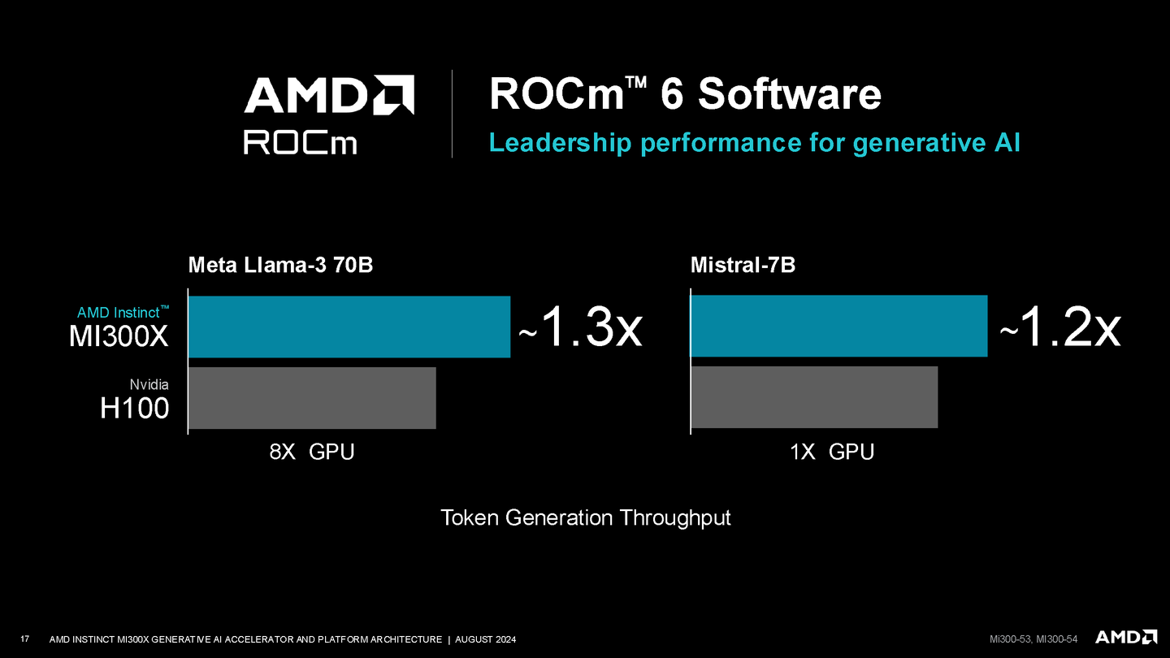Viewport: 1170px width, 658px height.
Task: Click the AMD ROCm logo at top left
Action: coord(329,114)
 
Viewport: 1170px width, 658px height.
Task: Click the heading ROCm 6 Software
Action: coord(684,94)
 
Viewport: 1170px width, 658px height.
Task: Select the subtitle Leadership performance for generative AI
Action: coord(754,143)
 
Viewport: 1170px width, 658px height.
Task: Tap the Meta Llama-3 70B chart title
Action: coord(280,265)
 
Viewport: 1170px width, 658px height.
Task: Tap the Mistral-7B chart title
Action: coord(743,265)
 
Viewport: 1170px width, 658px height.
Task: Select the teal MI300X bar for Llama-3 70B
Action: coord(349,327)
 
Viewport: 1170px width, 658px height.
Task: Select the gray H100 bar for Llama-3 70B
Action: coord(312,398)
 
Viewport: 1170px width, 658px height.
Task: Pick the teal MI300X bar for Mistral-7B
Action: coord(838,327)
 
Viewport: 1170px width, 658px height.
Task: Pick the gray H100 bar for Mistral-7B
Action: coord(814,398)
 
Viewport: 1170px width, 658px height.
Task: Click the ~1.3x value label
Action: coord(580,328)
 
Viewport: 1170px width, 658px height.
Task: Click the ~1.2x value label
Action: coord(1059,328)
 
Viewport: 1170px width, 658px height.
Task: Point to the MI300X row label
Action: coord(119,335)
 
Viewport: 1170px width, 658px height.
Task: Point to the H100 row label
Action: coord(134,407)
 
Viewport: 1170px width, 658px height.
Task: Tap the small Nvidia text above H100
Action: coord(149,384)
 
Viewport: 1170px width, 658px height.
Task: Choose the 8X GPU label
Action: coord(312,452)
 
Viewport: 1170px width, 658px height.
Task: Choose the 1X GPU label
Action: coord(832,452)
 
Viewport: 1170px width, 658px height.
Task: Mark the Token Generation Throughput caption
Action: coord(585,517)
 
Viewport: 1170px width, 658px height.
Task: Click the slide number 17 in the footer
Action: coord(24,639)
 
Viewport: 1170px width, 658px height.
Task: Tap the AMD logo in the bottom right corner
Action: coord(1126,637)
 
